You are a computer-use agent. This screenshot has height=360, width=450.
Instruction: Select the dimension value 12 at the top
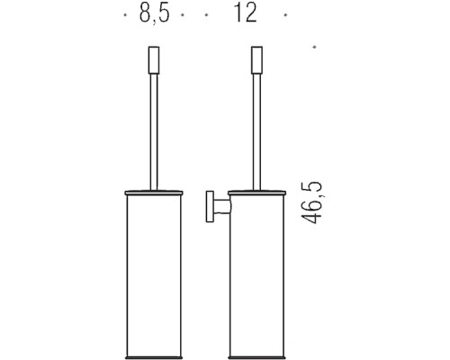(245, 15)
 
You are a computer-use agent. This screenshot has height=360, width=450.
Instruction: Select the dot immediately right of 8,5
(182, 15)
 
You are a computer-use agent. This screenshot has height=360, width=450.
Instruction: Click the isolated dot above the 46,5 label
(313, 46)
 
